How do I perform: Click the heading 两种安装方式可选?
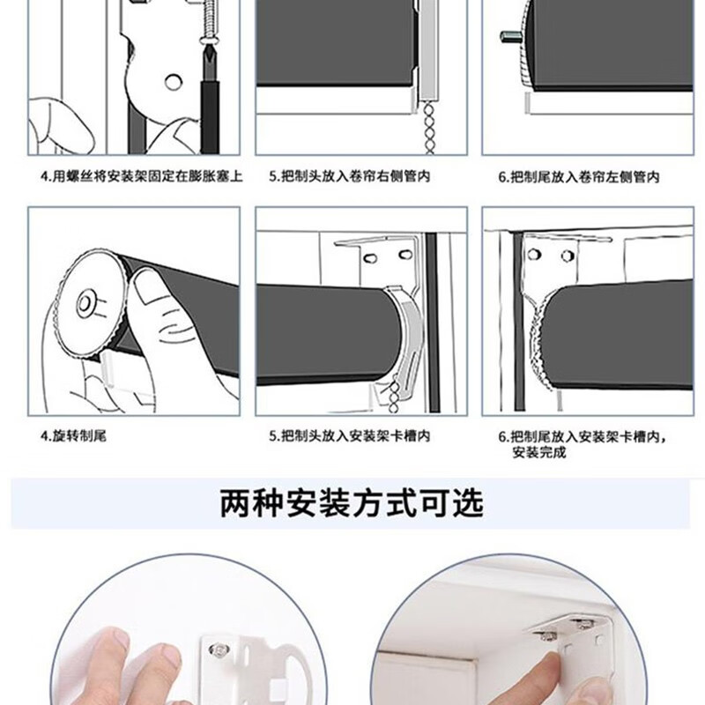click(352, 503)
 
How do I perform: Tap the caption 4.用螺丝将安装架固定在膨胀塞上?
click(142, 176)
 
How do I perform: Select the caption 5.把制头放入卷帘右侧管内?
click(349, 176)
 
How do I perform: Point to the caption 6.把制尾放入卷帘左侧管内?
click(579, 177)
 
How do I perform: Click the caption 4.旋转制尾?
click(73, 435)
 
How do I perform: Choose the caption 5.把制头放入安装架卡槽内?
click(349, 435)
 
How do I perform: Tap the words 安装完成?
click(539, 452)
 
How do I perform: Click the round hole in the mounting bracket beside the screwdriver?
click(173, 82)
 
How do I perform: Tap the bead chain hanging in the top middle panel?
click(429, 128)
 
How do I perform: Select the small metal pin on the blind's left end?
click(510, 36)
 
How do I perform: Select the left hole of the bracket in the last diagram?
click(534, 255)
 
